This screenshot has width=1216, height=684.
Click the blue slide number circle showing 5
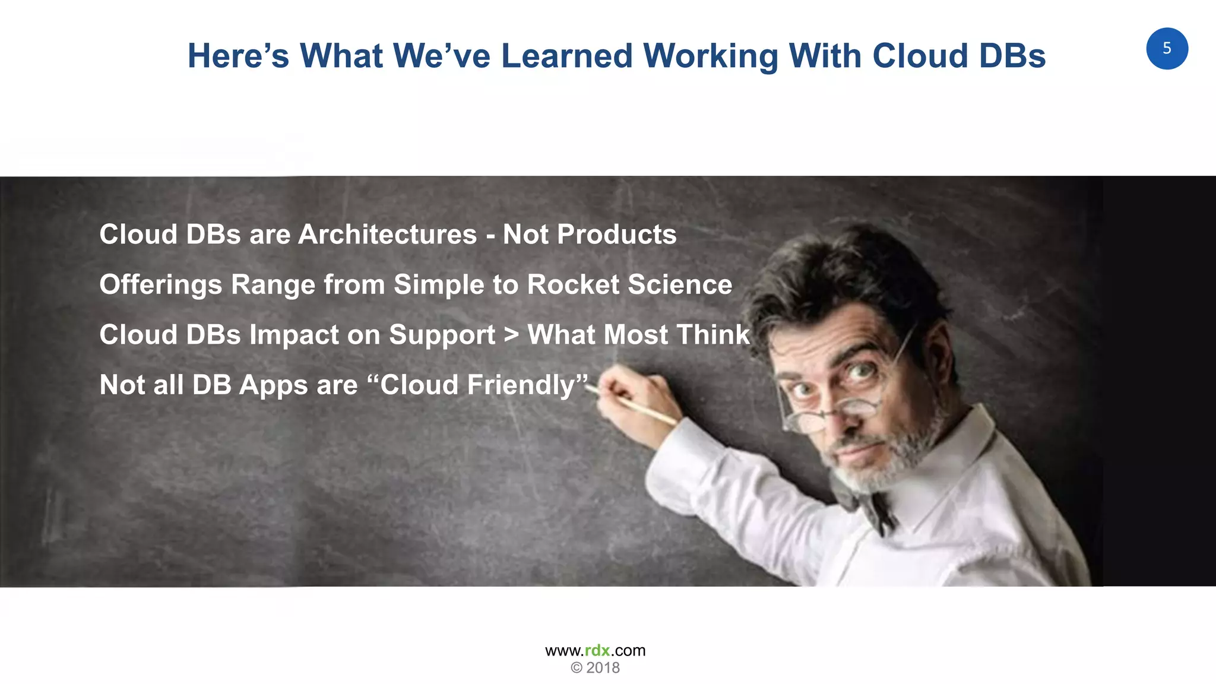(1167, 49)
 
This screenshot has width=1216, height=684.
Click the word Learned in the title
(567, 56)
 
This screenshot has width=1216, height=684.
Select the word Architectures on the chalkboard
(387, 235)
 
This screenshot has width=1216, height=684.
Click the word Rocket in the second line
(573, 284)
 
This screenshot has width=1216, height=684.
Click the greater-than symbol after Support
(511, 335)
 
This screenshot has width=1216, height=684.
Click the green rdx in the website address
(597, 651)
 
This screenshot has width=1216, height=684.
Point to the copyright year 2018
(603, 668)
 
